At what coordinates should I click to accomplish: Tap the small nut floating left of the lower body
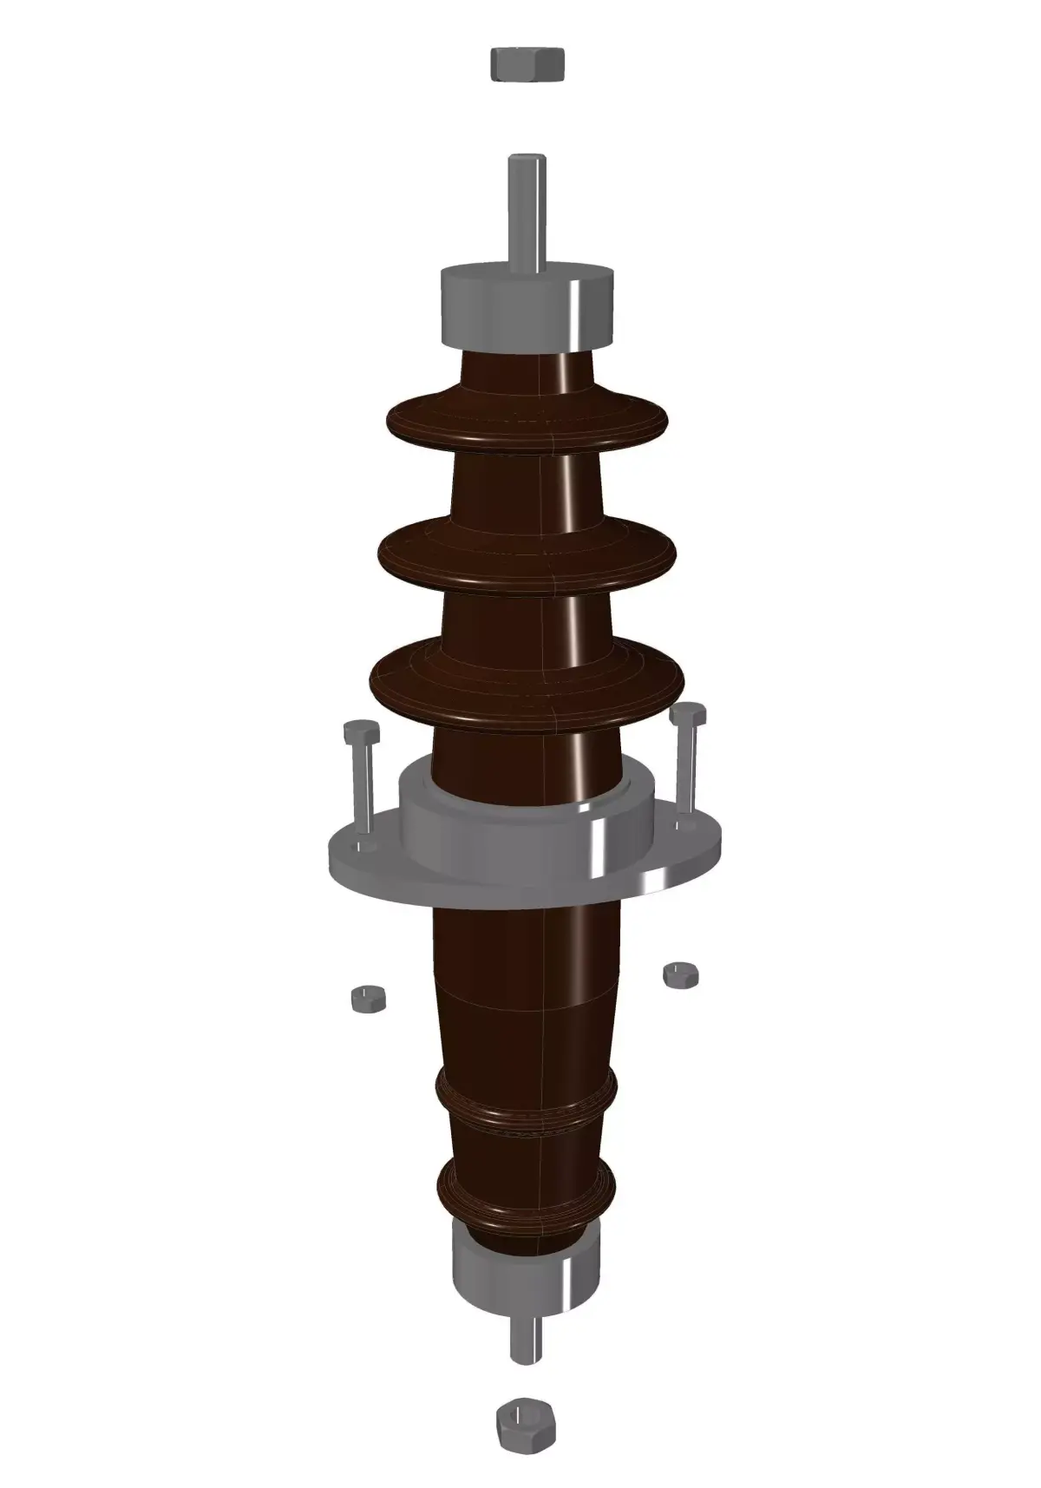[x=368, y=998]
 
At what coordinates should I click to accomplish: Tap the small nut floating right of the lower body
[x=681, y=973]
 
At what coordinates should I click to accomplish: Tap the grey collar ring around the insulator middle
[x=520, y=820]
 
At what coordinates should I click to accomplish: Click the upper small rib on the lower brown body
[x=526, y=1098]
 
